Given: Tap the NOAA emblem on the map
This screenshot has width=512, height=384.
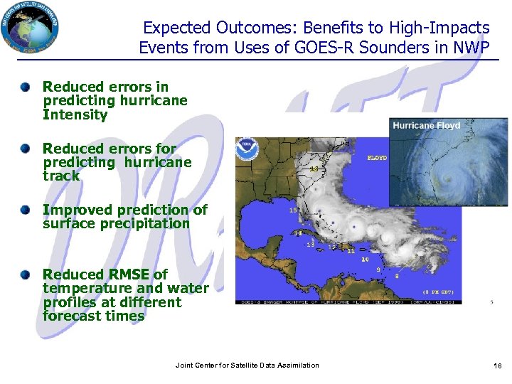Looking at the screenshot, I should (x=247, y=151).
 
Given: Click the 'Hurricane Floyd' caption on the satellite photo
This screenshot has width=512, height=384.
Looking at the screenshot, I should (x=427, y=126).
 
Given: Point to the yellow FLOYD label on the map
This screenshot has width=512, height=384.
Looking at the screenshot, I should (x=377, y=157).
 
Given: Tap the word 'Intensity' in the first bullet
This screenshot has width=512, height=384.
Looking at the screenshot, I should (x=75, y=114).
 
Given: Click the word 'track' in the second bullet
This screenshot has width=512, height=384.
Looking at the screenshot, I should (x=61, y=176).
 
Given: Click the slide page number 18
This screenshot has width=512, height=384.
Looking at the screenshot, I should (x=497, y=366).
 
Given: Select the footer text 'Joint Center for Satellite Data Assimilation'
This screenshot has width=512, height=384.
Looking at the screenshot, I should (x=247, y=366).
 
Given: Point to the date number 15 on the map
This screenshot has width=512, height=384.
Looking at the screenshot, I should (x=293, y=210).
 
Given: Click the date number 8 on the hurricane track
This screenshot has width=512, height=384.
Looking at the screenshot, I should (x=396, y=275).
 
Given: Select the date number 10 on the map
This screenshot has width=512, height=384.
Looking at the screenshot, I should (x=365, y=260).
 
